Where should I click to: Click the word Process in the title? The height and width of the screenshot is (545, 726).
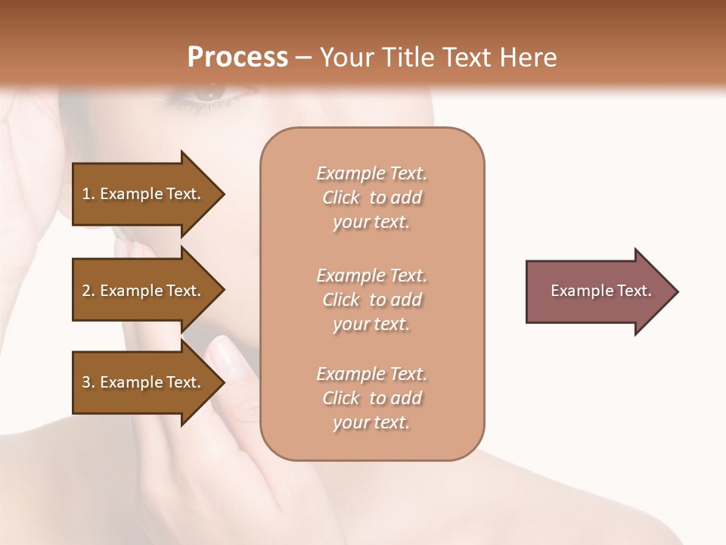click(237, 58)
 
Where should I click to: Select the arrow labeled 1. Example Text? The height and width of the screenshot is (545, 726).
click(144, 194)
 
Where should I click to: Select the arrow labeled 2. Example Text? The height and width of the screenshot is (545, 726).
click(144, 291)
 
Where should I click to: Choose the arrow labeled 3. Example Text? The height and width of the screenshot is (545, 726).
click(144, 382)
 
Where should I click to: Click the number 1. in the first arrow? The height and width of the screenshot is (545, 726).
click(88, 194)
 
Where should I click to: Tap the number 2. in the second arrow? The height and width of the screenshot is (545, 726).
click(88, 291)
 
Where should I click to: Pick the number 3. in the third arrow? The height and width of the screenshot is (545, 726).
click(88, 382)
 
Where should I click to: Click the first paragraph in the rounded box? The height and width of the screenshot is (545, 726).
click(371, 198)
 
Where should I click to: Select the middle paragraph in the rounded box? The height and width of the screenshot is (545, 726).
click(371, 299)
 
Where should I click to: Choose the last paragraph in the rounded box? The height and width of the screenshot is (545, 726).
click(371, 398)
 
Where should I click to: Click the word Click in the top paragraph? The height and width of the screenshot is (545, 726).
click(341, 198)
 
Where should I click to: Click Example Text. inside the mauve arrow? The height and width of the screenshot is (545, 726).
click(600, 291)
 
